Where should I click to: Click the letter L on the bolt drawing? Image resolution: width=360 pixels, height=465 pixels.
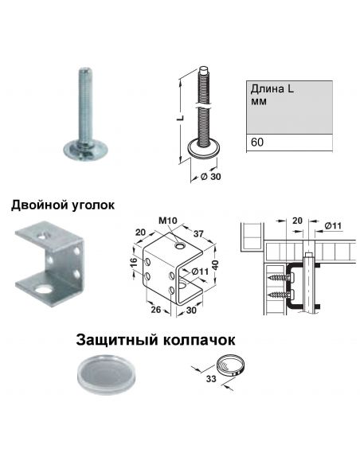tap(182, 117)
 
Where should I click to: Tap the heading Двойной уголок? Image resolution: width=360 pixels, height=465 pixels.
tap(63, 205)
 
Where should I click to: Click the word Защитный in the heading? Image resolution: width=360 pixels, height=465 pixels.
tap(112, 340)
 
